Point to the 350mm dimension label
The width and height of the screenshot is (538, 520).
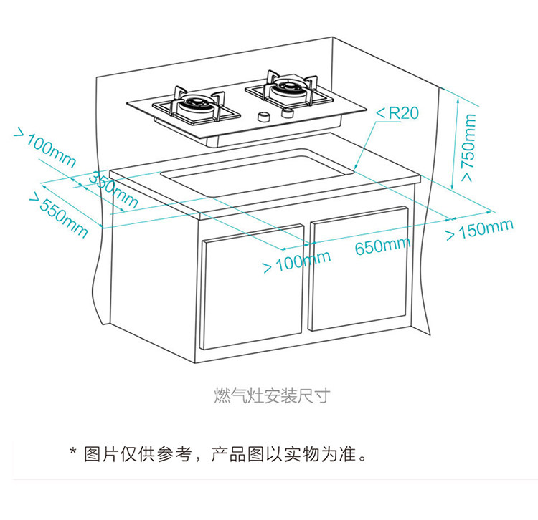[113, 191]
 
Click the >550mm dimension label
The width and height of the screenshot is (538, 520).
[58, 214]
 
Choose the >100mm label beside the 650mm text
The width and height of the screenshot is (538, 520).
[296, 262]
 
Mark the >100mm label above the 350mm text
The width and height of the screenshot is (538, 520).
[43, 149]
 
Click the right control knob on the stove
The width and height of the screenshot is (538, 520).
[288, 113]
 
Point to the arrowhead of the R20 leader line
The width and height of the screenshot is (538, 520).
[357, 169]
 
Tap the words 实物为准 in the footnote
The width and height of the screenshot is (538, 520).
[323, 453]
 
